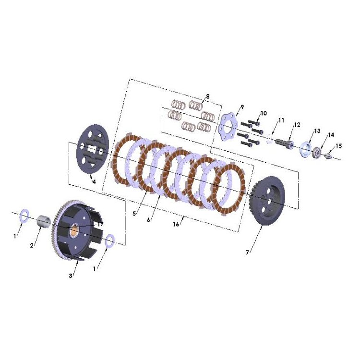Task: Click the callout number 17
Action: pyautogui.click(x=100, y=224)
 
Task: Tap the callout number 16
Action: pyautogui.click(x=176, y=224)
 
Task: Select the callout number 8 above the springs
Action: pyautogui.click(x=208, y=96)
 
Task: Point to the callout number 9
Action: pyautogui.click(x=242, y=107)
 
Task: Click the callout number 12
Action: pyautogui.click(x=297, y=125)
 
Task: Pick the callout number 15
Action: pyautogui.click(x=339, y=146)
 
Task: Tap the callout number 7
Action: pyautogui.click(x=247, y=252)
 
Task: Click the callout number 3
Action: pyautogui.click(x=71, y=276)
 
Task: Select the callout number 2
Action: pyautogui.click(x=32, y=245)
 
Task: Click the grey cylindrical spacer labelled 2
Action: pyautogui.click(x=44, y=221)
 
